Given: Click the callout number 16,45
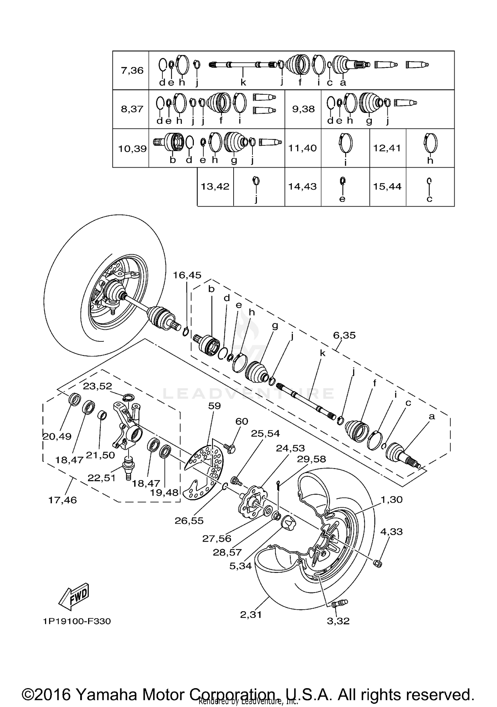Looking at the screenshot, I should pos(187,275).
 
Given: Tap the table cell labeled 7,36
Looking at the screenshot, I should pos(132,70).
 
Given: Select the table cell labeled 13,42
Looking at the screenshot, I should pos(215,186).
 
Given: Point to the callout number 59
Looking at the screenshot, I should pos(214,406).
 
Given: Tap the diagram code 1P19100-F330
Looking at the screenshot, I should pos(77,621).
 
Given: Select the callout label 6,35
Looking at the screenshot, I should pos(344,335).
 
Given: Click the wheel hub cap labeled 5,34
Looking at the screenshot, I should pos(287,524).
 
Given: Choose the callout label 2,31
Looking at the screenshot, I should pos(251,615).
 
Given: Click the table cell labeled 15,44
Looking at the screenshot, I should pos(387,186).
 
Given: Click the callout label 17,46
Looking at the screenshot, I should pos(62,500).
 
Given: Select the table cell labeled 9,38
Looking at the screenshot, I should pos(303,109).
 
